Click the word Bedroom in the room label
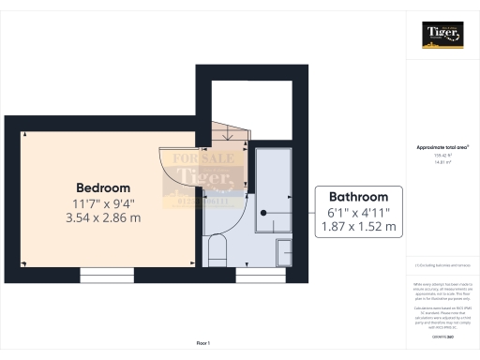click(x=102, y=187)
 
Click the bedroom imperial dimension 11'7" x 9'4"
click(x=102, y=202)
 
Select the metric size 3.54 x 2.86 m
click(x=102, y=217)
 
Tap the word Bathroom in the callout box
click(x=357, y=197)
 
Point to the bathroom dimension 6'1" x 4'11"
click(x=357, y=212)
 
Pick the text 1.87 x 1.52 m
click(x=357, y=227)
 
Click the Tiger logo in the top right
click(x=442, y=36)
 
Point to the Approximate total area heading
click(x=442, y=147)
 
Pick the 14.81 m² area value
click(x=442, y=162)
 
